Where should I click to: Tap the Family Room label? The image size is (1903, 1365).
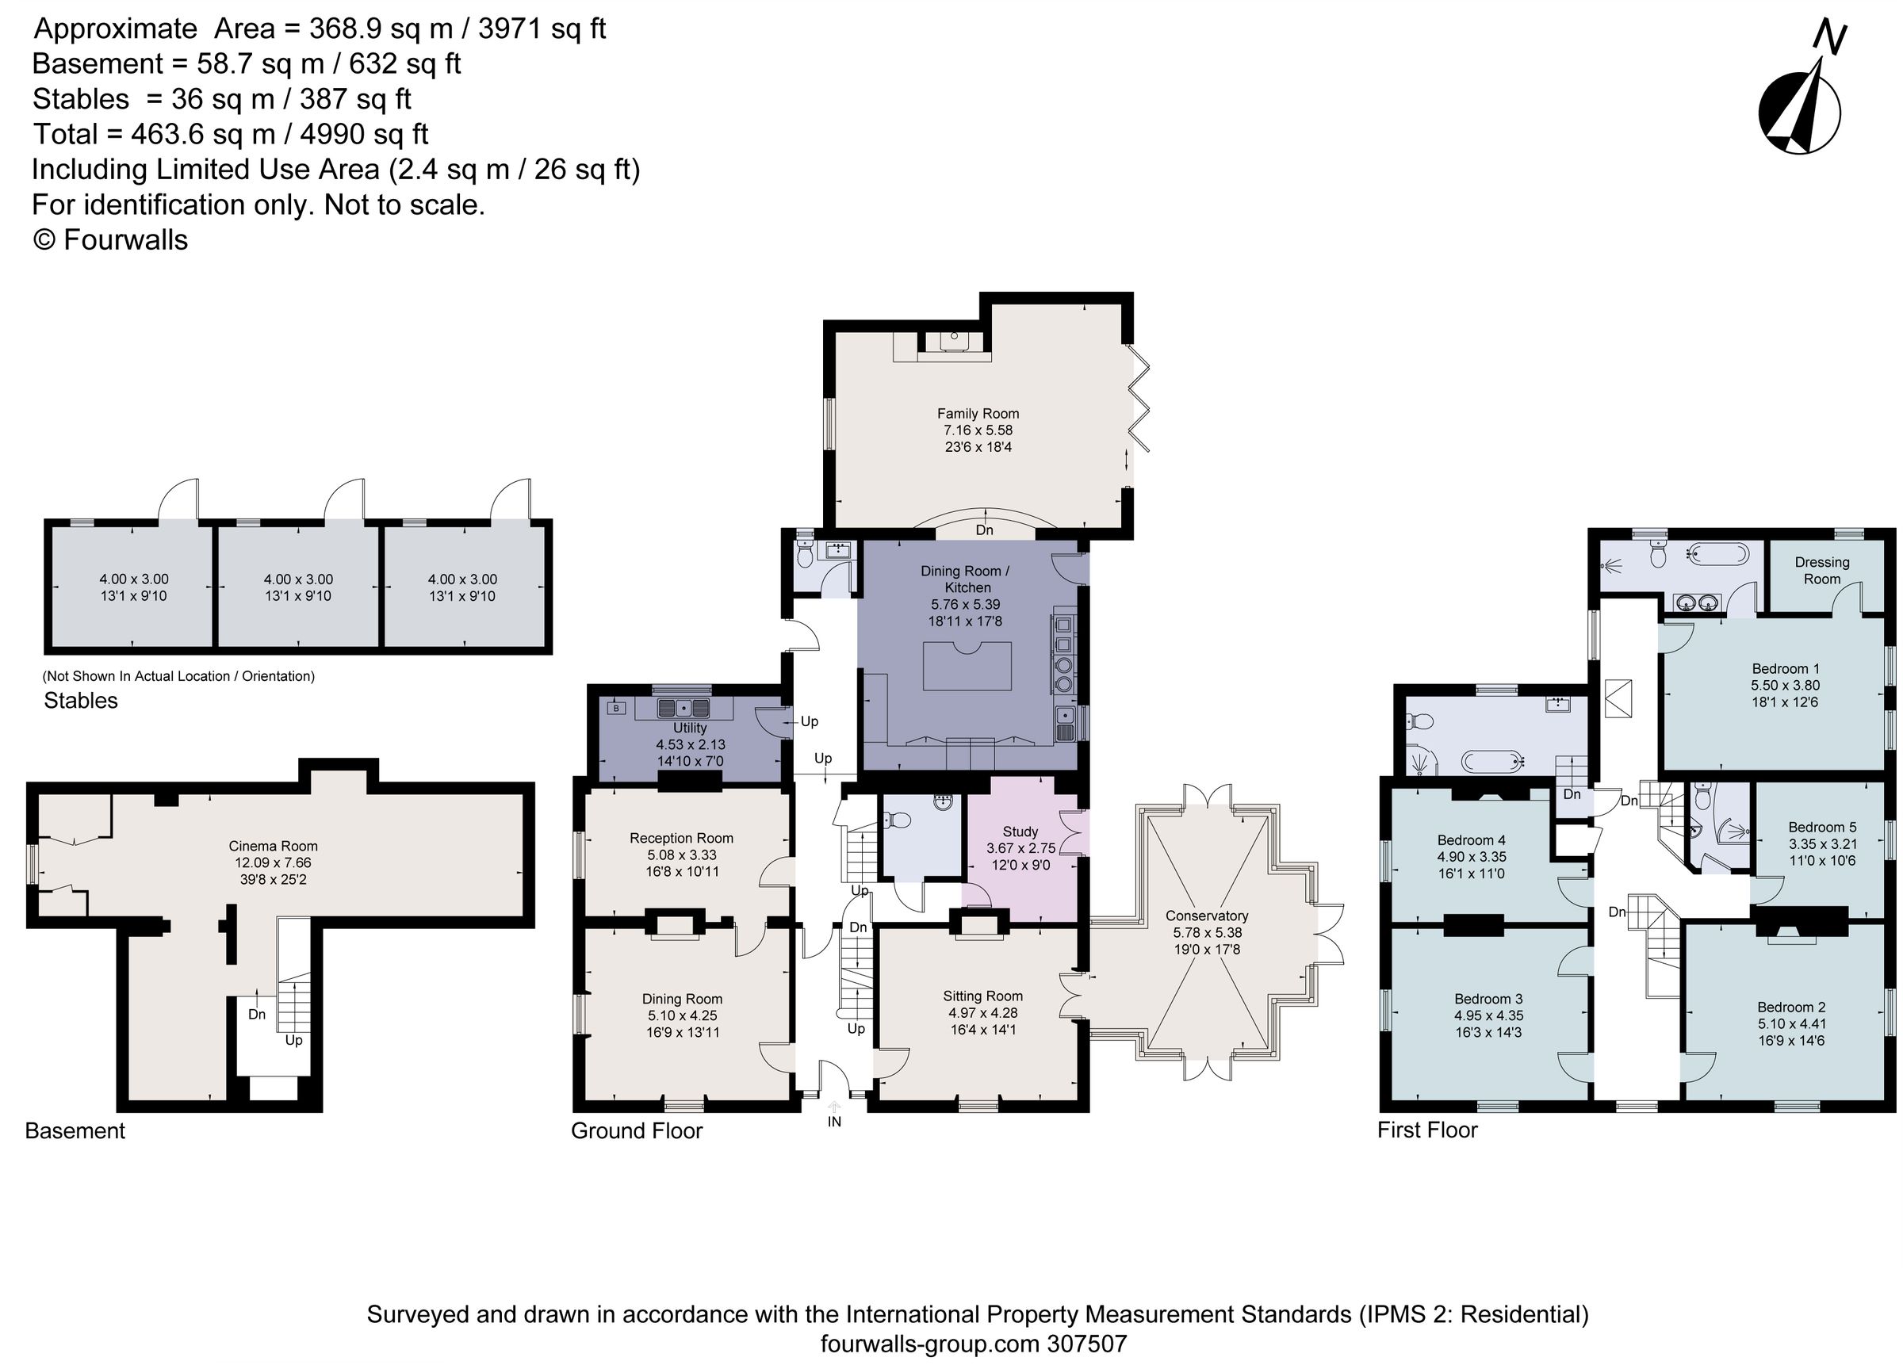point(978,414)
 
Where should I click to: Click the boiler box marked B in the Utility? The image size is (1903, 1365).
point(617,708)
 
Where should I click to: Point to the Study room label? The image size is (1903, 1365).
point(1020,832)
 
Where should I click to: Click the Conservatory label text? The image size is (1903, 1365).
point(1206,916)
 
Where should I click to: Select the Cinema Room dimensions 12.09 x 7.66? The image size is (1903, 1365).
point(273,862)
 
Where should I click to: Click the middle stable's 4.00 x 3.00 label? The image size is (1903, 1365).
point(298,579)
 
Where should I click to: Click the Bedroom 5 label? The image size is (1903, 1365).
point(1821,828)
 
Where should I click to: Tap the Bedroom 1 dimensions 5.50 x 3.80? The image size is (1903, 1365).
point(1785,686)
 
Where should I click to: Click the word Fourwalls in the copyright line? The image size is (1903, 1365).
point(125,240)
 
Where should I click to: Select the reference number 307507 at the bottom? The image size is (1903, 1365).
point(1086,1344)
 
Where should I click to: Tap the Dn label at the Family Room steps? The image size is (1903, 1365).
point(984,530)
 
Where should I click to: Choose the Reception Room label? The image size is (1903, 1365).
point(680,838)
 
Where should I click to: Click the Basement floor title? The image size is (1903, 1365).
point(75,1131)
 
